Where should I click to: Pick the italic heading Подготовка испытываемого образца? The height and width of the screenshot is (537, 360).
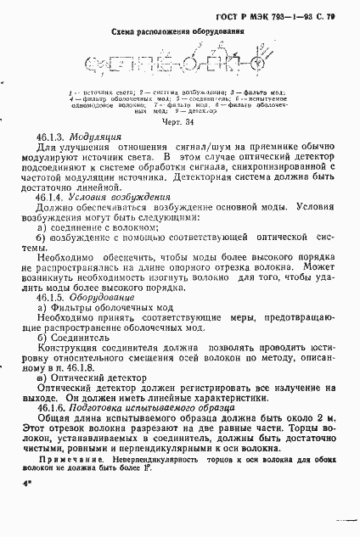[x=164, y=407]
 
